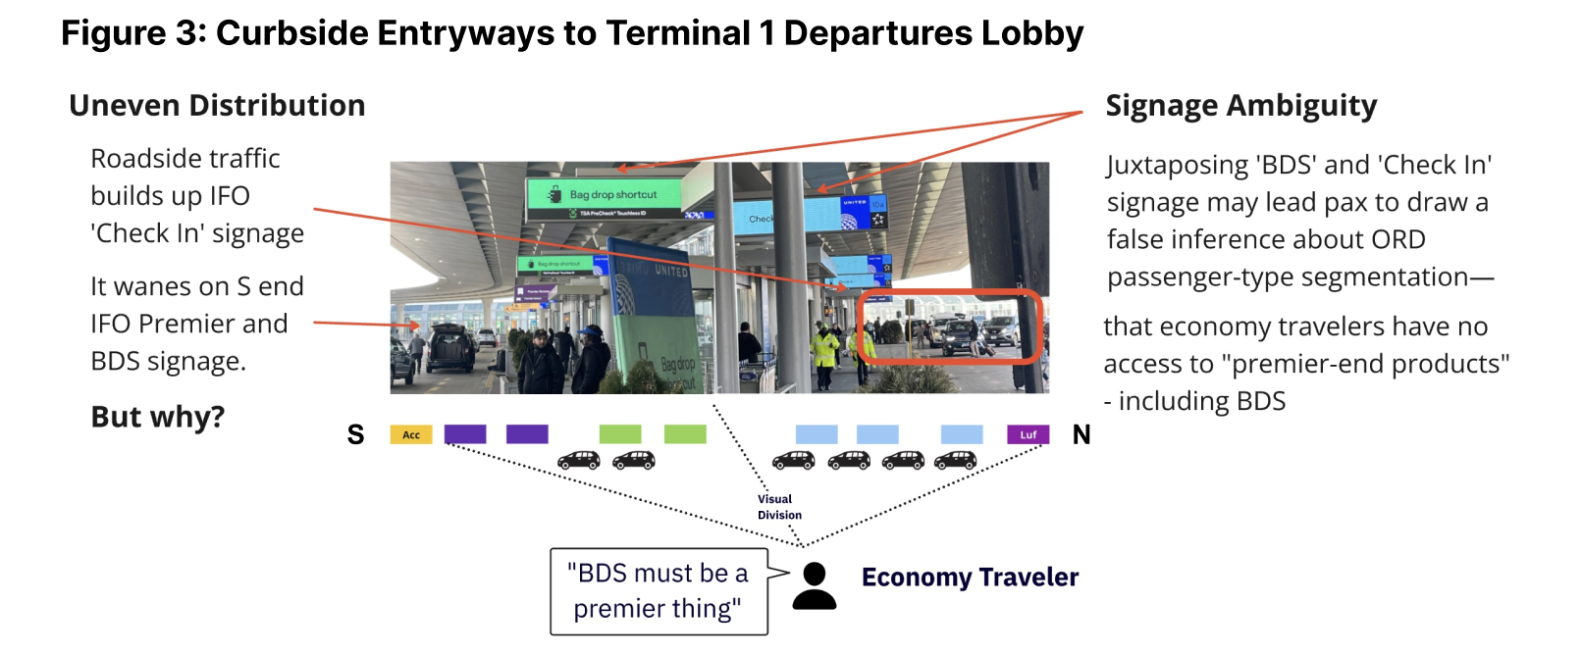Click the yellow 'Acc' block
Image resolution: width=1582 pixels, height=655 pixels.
pyautogui.click(x=411, y=434)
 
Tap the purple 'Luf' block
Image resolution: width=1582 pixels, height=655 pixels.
pyautogui.click(x=1028, y=434)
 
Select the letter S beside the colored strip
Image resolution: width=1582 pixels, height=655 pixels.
pyautogui.click(x=355, y=435)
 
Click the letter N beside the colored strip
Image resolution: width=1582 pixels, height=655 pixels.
pyautogui.click(x=1081, y=435)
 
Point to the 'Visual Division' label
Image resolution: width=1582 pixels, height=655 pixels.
pyautogui.click(x=779, y=507)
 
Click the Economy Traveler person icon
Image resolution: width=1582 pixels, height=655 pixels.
pyautogui.click(x=814, y=586)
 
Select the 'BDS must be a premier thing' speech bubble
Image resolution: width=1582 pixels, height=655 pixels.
pyautogui.click(x=659, y=591)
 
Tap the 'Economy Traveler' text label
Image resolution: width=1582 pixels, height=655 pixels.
pyautogui.click(x=970, y=578)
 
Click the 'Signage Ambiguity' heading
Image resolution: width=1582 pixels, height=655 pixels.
pyautogui.click(x=1240, y=106)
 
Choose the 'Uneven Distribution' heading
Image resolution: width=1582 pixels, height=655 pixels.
pyautogui.click(x=217, y=106)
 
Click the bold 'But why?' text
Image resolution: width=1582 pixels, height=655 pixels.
pyautogui.click(x=158, y=417)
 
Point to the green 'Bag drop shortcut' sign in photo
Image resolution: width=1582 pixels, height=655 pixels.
pyautogui.click(x=606, y=195)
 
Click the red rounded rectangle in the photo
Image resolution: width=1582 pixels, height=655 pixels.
pyautogui.click(x=949, y=327)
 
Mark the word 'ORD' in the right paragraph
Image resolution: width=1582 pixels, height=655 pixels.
pyautogui.click(x=1398, y=240)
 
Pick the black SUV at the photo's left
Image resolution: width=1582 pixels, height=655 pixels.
pyautogui.click(x=450, y=349)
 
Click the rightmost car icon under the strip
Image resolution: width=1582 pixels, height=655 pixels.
pyautogui.click(x=955, y=460)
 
